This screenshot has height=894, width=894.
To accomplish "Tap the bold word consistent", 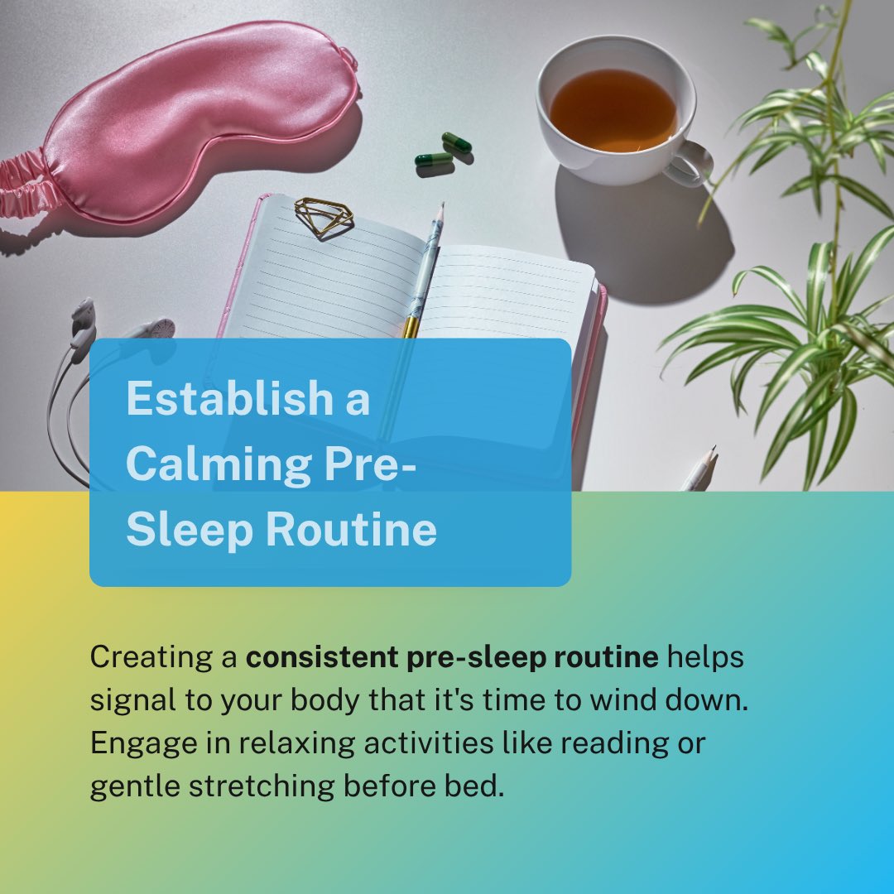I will pyautogui.click(x=320, y=658).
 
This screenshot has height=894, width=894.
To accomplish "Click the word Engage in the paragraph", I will pyautogui.click(x=132, y=743).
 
